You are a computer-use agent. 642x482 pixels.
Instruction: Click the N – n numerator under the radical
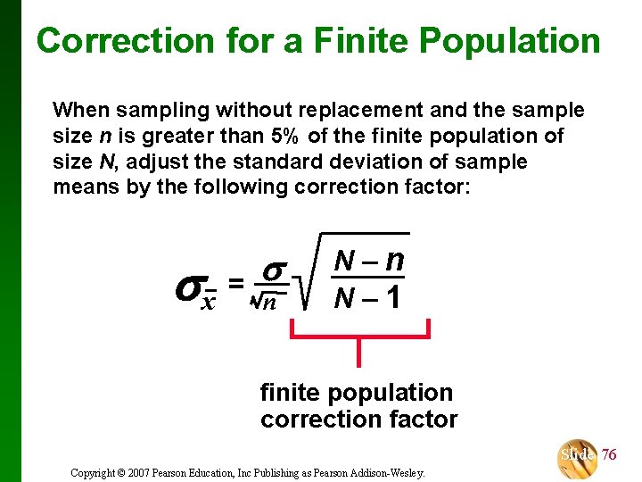click(369, 261)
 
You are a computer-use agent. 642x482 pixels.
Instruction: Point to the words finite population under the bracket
click(356, 392)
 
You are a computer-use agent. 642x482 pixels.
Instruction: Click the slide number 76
click(608, 454)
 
